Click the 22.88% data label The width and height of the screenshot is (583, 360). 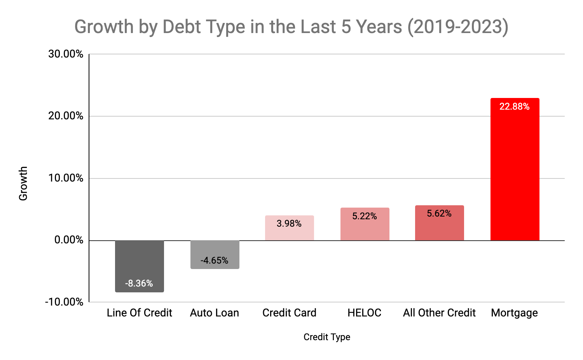point(514,107)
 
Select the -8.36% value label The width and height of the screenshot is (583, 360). point(139,283)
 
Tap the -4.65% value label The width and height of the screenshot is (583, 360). point(214,260)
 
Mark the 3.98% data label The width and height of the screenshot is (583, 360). point(289,224)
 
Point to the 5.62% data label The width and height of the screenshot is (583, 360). point(439,213)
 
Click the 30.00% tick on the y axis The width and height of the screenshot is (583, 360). point(66,54)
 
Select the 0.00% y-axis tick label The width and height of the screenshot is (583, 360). point(69,240)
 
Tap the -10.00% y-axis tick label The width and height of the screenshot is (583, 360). point(64,302)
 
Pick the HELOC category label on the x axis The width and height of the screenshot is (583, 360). point(364,313)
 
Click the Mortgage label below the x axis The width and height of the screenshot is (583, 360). point(514,313)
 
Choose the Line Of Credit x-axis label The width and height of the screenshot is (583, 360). point(139,313)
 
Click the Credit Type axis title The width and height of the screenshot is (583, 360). point(326,337)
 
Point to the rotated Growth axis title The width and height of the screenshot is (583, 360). point(23,183)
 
